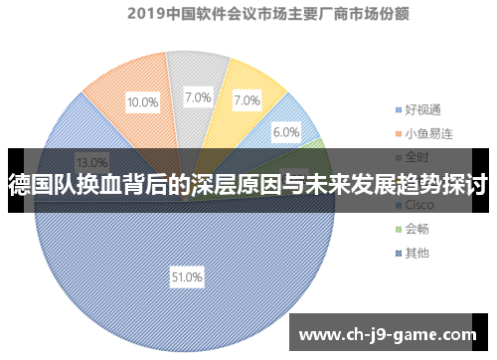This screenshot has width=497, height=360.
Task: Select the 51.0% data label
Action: (187, 276)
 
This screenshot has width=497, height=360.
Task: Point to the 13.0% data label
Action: (92, 162)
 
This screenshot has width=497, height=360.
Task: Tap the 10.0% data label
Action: (142, 101)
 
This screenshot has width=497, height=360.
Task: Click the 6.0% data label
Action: (286, 132)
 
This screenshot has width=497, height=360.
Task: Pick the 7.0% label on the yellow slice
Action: (247, 99)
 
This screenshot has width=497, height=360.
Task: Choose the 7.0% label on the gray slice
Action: (198, 97)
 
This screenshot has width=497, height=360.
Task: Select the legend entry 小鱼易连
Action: (426, 132)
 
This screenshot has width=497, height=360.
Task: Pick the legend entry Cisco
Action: (419, 204)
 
